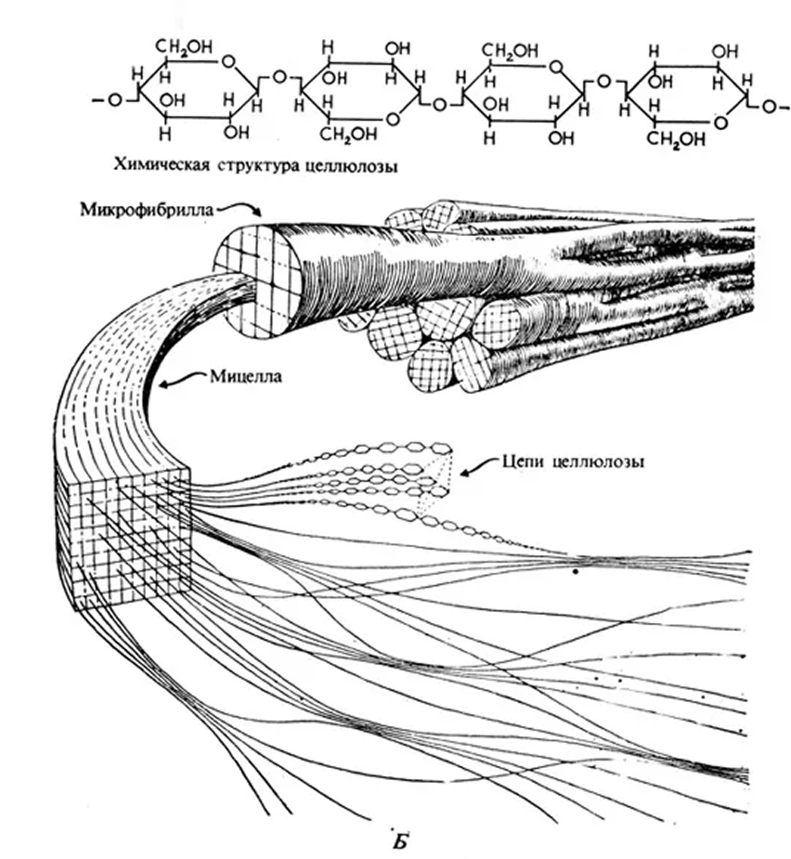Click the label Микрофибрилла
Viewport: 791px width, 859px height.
(x=148, y=209)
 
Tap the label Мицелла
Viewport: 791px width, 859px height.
(x=245, y=376)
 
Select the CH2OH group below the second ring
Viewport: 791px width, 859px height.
(x=348, y=133)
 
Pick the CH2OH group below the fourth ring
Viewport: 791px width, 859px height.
(x=677, y=138)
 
